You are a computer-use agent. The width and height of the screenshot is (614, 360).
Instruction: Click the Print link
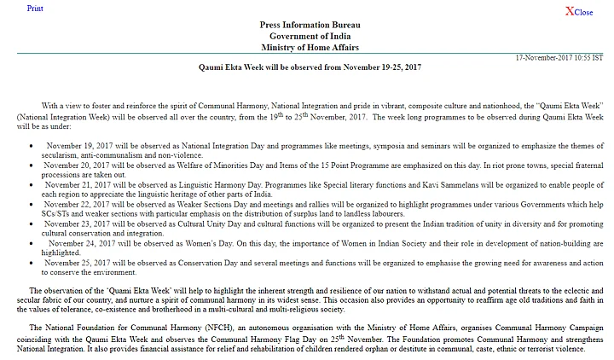[x=36, y=8]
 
